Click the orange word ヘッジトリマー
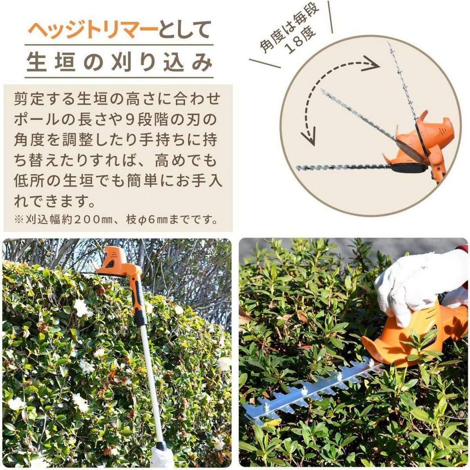pos(93,30)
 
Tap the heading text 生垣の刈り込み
pos(119,62)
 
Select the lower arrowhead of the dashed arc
pos(309,136)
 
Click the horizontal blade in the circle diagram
pos(345,167)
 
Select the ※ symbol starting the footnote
pos(19,219)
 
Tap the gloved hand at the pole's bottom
pos(162,457)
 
